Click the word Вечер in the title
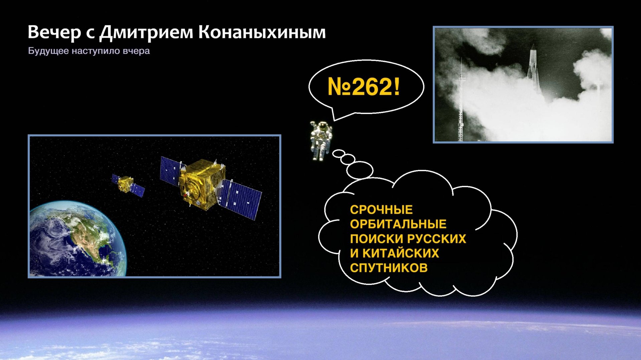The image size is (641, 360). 54,32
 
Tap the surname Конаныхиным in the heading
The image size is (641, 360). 262,32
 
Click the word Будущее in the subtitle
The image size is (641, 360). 48,51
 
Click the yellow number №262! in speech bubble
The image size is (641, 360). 364,87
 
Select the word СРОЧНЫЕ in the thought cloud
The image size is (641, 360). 381,210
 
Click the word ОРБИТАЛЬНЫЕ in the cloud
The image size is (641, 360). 398,224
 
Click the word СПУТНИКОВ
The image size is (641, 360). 389,268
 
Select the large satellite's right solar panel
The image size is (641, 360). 242,199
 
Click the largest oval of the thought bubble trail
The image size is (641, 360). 360,170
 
